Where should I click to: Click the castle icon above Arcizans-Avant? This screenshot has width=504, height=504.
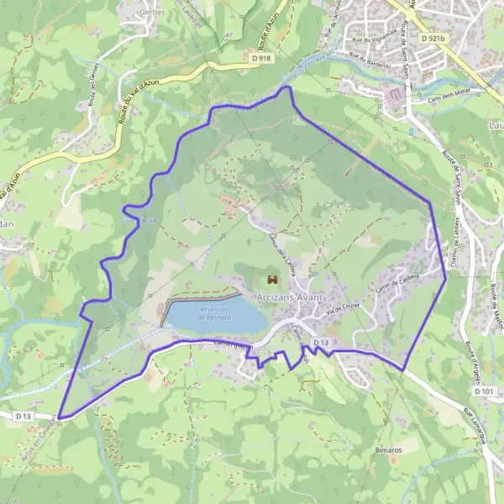pyautogui.click(x=271, y=279)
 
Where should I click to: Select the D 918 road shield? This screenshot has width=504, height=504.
pyautogui.click(x=261, y=58)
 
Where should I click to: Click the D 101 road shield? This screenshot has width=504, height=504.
pyautogui.click(x=483, y=391)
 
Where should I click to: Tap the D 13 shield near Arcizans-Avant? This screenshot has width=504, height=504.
pyautogui.click(x=320, y=344)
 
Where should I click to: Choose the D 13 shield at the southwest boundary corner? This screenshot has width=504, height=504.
pyautogui.click(x=23, y=415)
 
